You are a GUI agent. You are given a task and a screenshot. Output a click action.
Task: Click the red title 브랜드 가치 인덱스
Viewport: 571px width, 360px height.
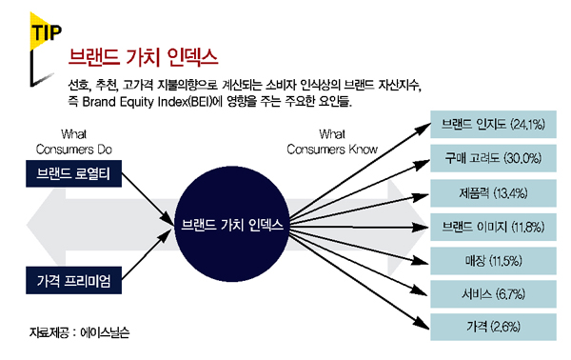(x=143, y=57)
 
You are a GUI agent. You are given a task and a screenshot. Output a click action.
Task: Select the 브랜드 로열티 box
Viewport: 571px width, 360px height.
(x=73, y=173)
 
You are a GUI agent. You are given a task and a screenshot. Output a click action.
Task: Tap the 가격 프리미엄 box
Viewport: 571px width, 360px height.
(x=73, y=280)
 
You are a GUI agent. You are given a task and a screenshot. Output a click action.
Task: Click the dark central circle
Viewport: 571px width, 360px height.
(x=232, y=224)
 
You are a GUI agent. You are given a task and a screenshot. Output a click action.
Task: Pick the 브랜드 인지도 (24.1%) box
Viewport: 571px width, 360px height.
(x=493, y=124)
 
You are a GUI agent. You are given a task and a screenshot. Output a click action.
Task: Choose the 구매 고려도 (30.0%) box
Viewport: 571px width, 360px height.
(x=493, y=158)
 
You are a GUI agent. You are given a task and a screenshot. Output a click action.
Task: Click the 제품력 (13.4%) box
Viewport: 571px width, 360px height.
(x=493, y=193)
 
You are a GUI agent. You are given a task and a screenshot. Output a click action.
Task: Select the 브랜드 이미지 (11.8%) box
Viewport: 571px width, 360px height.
(x=493, y=227)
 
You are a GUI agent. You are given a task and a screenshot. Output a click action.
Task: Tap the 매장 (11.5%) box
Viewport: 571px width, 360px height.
(x=493, y=261)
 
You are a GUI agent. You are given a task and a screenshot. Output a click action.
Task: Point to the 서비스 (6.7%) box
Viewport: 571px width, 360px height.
(x=493, y=294)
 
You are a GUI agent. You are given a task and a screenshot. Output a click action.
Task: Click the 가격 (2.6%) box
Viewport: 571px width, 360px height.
(x=493, y=327)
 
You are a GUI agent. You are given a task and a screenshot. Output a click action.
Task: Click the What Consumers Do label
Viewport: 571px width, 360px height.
(x=74, y=142)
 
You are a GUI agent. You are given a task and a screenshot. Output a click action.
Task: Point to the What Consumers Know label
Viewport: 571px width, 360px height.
(x=332, y=142)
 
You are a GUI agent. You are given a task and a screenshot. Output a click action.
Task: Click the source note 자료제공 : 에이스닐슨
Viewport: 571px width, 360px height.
(x=79, y=332)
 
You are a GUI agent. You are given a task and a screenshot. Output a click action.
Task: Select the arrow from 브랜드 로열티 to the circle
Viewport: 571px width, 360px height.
(x=148, y=199)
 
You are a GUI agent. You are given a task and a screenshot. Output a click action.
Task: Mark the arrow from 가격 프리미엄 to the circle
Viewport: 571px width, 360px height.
(x=147, y=254)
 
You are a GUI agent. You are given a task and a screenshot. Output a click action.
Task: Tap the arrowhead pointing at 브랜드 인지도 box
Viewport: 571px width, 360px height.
(x=424, y=128)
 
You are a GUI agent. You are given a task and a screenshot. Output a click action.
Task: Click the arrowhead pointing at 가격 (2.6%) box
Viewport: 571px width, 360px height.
(x=423, y=325)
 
